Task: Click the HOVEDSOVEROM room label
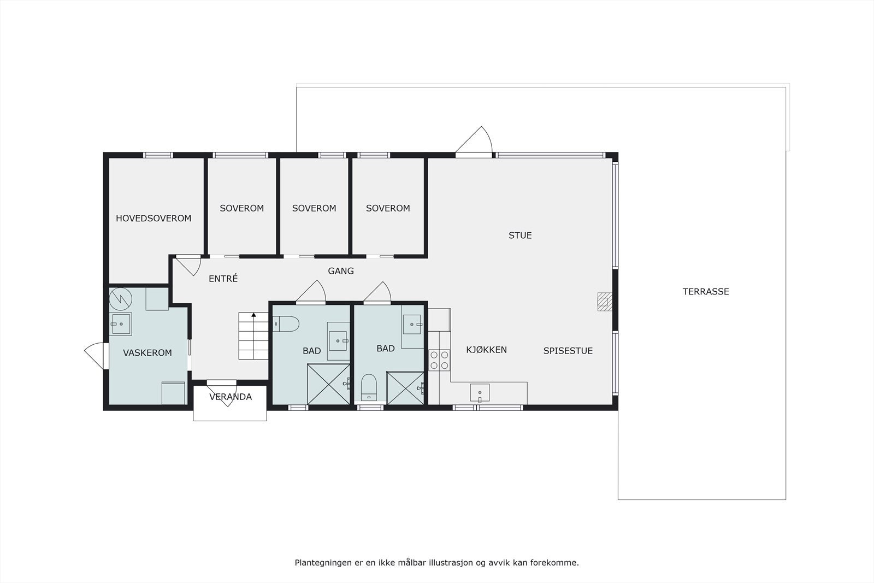pos(153,219)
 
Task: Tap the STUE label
pos(519,235)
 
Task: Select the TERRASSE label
pos(705,292)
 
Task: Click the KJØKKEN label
pos(486,350)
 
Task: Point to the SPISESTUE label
pos(568,351)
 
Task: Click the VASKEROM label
pos(147,353)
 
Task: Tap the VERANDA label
pos(231,397)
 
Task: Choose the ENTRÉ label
pos(223,279)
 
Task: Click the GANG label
pos(341,271)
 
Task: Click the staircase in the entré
pos(253,337)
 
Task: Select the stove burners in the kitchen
pos(439,360)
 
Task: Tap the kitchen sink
pos(480,392)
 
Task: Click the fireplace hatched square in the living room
pos(604,302)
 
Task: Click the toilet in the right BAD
pos(369,386)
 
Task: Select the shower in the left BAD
pos(328,384)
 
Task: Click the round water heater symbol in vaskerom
pos(121,298)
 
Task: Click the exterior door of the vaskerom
pos(96,355)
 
